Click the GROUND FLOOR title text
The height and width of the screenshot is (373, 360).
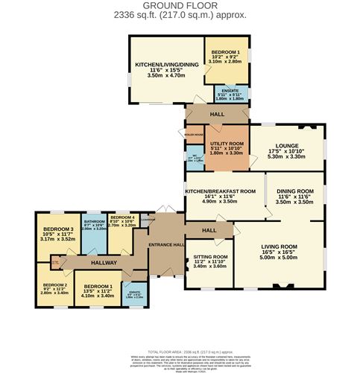click(179, 5)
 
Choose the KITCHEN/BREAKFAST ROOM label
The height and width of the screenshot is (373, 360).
click(224, 191)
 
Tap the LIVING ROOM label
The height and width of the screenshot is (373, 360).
click(279, 246)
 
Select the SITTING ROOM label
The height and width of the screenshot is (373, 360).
click(209, 257)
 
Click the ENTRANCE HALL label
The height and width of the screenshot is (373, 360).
click(165, 245)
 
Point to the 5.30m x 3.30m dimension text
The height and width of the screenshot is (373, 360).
click(285, 157)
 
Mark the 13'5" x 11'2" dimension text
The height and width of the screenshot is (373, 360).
click(98, 290)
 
